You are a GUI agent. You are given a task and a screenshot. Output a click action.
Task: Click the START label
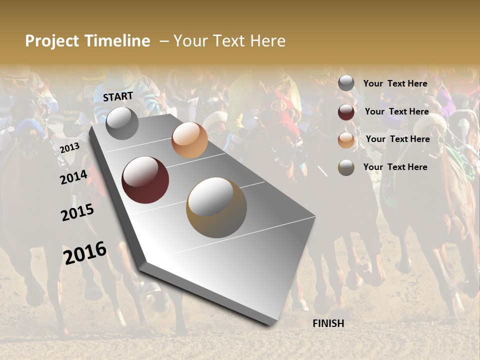pos(118,96)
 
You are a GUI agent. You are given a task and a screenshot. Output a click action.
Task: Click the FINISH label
pos(328,323)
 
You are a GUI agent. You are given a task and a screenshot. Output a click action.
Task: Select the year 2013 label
pos(69,147)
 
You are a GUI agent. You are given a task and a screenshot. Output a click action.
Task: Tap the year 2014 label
pos(73,177)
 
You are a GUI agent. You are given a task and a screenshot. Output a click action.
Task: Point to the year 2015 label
pos(77,212)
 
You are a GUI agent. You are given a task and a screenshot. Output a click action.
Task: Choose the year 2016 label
pos(85,253)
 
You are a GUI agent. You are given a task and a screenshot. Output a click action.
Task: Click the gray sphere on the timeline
pos(122,123)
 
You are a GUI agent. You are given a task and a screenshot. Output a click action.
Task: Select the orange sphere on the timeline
pos(189,140)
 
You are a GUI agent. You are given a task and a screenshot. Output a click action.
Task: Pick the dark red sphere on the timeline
pos(145,180)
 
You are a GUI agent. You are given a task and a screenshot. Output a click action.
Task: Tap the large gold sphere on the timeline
pos(216,207)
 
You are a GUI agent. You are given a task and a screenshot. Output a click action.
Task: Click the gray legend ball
pos(346,83)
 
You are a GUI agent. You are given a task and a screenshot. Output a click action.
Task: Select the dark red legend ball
pos(346,112)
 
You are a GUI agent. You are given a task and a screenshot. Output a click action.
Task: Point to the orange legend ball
pos(346,140)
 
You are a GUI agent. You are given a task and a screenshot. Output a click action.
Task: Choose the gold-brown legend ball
pos(346,167)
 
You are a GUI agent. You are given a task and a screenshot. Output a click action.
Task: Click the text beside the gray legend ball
pos(395,83)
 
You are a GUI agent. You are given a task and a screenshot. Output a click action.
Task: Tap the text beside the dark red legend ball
pos(396,111)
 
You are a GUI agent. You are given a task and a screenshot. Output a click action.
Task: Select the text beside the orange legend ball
pos(397,139)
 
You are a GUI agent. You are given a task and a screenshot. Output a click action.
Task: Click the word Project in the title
pos(52,41)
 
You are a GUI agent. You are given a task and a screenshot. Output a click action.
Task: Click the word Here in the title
pos(267,41)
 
